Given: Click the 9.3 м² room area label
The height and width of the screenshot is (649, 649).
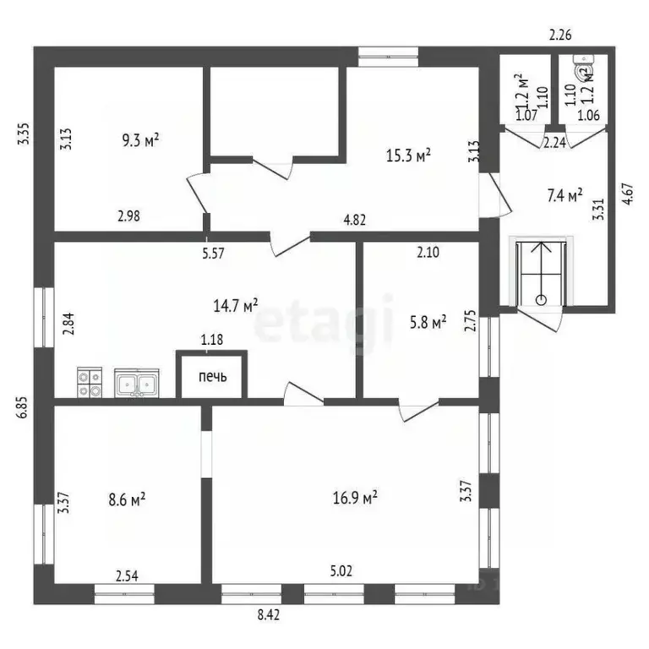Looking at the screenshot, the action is (x=141, y=140).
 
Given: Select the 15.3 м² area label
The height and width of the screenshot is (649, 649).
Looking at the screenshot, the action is (x=408, y=155).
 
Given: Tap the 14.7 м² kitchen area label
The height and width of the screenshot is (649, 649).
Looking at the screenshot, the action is (x=236, y=306).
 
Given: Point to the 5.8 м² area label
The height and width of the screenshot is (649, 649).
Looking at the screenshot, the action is (x=428, y=323).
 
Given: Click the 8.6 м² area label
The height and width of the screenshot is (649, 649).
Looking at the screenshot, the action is (x=127, y=499).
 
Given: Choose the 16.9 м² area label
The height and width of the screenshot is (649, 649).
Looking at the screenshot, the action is (x=355, y=498).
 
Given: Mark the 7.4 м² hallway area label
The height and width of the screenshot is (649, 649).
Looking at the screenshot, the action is (x=565, y=195).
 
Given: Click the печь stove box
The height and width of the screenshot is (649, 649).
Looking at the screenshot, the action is (x=212, y=374).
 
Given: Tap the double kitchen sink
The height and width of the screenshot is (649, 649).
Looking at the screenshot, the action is (x=137, y=384).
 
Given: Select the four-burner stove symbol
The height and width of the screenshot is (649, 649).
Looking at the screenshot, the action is (x=90, y=383).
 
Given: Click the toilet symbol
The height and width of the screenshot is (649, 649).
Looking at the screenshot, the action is (x=584, y=67).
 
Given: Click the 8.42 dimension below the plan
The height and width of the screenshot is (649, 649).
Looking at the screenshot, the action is (x=269, y=614).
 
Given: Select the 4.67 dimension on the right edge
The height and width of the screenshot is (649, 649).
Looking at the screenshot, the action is (x=628, y=194).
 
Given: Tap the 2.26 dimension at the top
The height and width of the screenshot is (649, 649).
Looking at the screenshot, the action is (x=560, y=35).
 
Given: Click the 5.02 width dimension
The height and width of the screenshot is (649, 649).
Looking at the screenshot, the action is (x=341, y=571).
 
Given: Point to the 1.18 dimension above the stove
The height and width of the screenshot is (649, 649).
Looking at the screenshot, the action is (x=212, y=340).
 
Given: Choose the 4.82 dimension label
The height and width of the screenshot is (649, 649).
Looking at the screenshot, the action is (x=355, y=220).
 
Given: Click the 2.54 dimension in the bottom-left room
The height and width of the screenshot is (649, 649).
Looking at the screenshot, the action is (x=127, y=575).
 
